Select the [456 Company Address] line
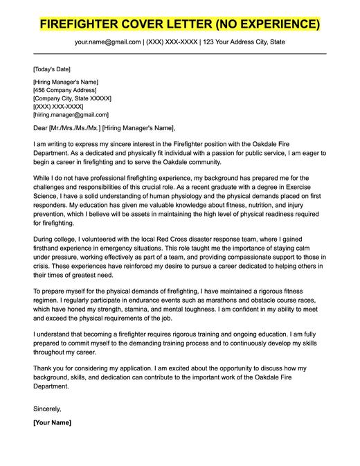point(66,90)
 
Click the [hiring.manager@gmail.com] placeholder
point(71,115)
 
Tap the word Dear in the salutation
point(41,128)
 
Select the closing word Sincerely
point(48,409)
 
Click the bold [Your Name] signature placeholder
point(52,422)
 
